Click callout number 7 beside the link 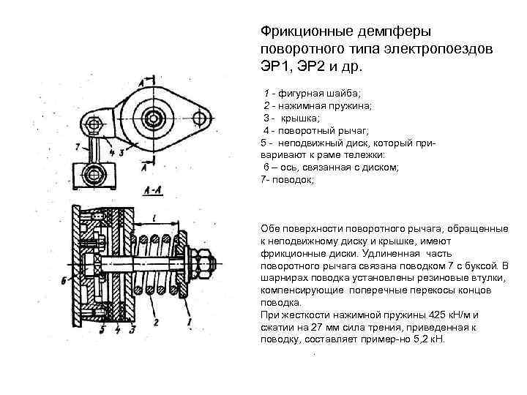point(78,146)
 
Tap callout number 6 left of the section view point(64,280)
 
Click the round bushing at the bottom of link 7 point(94,174)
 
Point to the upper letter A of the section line point(139,83)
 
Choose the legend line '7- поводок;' point(287,179)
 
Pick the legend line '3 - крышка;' point(297,118)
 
